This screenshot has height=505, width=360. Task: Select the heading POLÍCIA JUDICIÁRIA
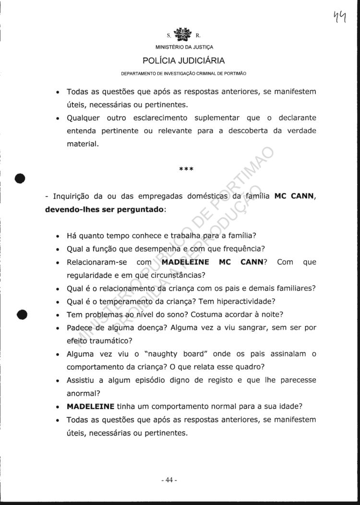pos(183,61)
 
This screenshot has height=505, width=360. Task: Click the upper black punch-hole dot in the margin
pos(20,177)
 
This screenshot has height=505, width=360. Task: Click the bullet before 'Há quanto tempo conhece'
pos(58,236)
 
